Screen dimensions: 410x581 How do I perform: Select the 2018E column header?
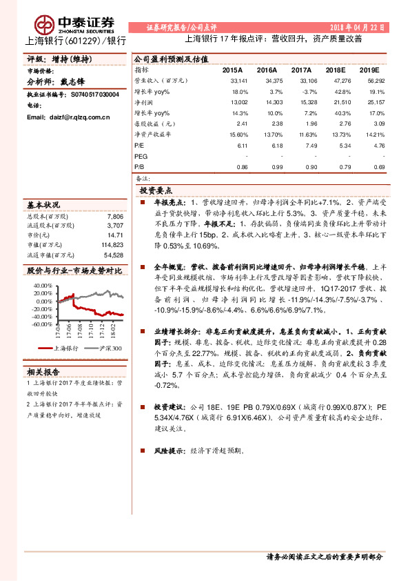click(335, 70)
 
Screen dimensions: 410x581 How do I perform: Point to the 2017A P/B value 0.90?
click(306, 167)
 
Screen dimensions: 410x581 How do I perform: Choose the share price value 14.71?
click(115, 235)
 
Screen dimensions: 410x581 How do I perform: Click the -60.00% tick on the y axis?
click(41, 324)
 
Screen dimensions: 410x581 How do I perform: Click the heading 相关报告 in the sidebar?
click(43, 371)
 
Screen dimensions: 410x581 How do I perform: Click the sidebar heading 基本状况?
click(43, 205)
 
